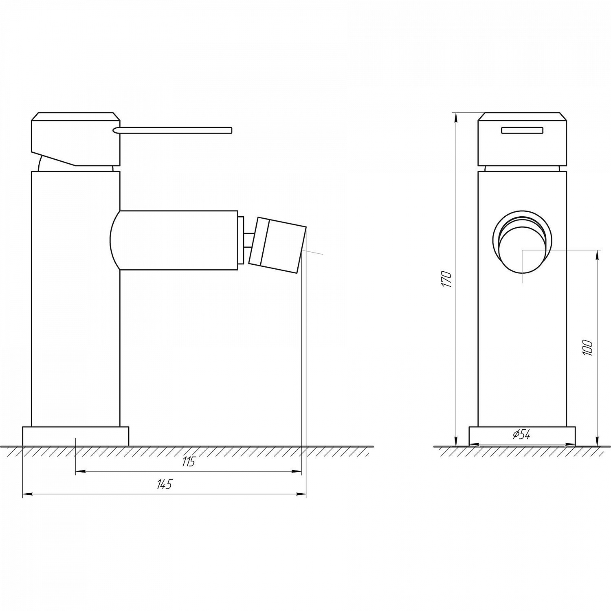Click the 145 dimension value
click(x=165, y=485)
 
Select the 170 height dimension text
click(x=447, y=279)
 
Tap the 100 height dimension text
click(x=588, y=348)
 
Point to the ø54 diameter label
click(x=521, y=435)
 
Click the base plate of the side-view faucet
click(x=76, y=436)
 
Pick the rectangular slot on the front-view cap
click(x=522, y=130)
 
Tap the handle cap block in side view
click(x=76, y=138)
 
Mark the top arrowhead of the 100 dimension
click(x=598, y=253)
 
